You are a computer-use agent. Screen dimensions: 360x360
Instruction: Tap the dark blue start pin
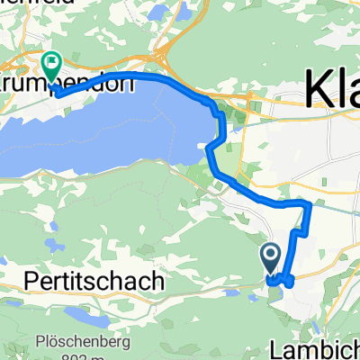271,258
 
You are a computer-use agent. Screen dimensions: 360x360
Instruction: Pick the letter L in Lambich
275,346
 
